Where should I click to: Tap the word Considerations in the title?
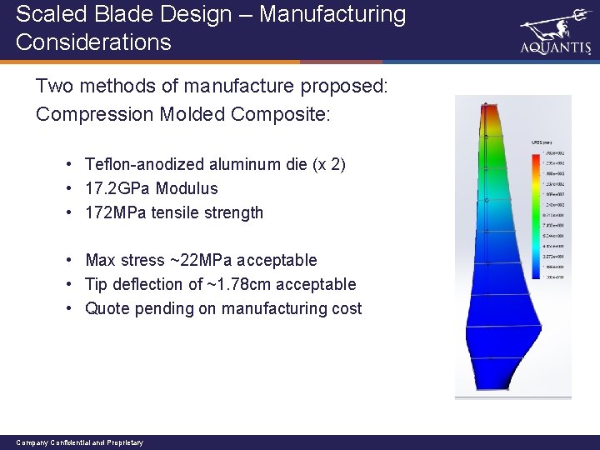coord(92,42)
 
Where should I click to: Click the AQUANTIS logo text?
coord(554,48)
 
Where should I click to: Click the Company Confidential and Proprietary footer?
coord(79,442)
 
